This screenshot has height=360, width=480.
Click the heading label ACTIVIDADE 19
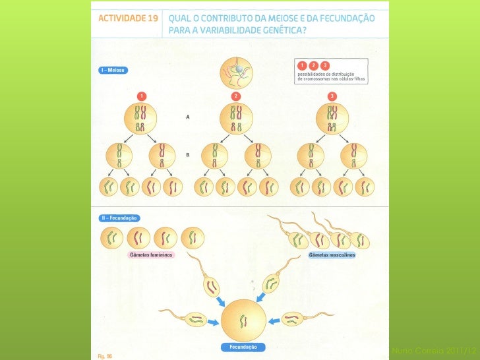pyautogui.click(x=128, y=18)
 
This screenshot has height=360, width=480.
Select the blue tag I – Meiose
pyautogui.click(x=113, y=69)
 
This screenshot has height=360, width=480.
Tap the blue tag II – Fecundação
pyautogui.click(x=119, y=218)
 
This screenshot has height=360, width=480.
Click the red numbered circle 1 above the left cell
pyautogui.click(x=140, y=96)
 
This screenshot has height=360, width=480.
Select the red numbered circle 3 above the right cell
pyautogui.click(x=332, y=96)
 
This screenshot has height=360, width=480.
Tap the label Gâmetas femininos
pyautogui.click(x=151, y=255)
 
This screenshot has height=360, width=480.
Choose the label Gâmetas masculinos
pyautogui.click(x=332, y=255)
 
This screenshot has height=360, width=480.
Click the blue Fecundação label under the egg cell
pyautogui.click(x=243, y=347)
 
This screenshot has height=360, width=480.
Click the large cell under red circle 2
pyautogui.click(x=237, y=118)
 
